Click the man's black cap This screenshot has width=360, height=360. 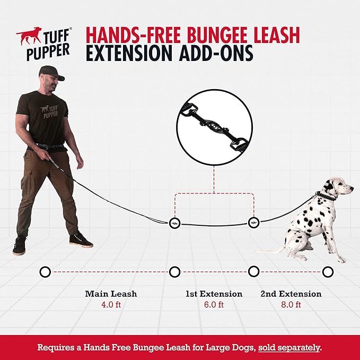[x=51, y=73]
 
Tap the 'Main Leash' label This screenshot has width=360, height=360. [x=111, y=293]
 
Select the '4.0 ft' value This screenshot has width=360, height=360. [x=111, y=304]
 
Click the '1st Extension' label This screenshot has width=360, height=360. [x=214, y=293]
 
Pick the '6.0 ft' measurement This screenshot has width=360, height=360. [x=214, y=304]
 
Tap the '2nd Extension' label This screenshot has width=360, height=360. [x=291, y=293]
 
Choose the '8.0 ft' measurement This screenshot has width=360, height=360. [x=291, y=304]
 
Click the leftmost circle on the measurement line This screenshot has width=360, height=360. [x=45, y=272]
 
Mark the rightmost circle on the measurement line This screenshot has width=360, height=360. [x=328, y=272]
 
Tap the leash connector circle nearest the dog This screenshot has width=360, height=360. [x=253, y=222]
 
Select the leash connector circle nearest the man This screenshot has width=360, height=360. [x=175, y=223]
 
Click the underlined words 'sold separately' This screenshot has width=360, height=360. [x=289, y=348]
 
